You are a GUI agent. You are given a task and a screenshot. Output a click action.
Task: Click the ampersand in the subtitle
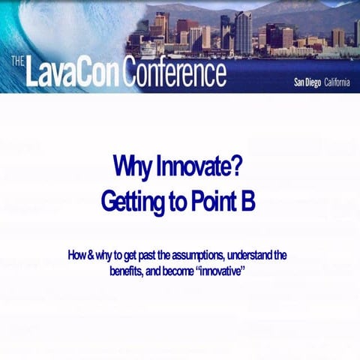click(x=90, y=255)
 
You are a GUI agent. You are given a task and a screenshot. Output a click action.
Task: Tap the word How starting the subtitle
click(x=76, y=255)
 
